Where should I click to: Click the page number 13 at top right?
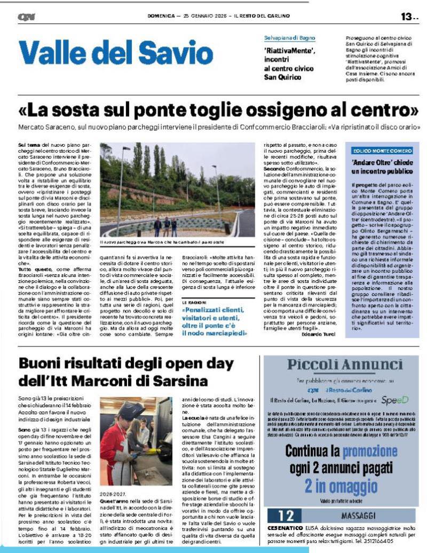click(407, 17)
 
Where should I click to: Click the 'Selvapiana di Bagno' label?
click(289, 38)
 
